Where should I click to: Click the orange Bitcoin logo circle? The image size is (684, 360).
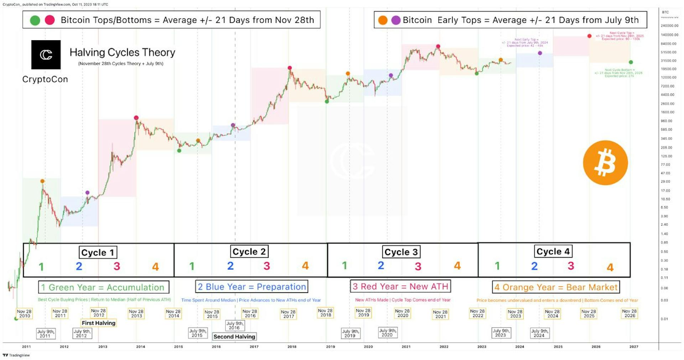pos(605,163)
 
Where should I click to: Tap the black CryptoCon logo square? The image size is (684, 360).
pos(46,54)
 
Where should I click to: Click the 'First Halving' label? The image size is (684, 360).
pos(99,323)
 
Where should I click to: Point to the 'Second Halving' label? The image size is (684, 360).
pos(234,336)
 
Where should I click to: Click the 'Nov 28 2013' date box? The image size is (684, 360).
pos(136,313)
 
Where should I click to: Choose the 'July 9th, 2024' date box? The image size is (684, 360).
pos(539,333)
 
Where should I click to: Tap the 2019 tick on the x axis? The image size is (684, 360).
pos(330,346)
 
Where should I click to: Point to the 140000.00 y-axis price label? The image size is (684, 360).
pos(669,35)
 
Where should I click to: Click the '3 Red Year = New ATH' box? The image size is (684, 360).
pos(400,286)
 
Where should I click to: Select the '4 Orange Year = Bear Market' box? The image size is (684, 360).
pos(556,287)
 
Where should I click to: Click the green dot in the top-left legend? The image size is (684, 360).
pos(35,20)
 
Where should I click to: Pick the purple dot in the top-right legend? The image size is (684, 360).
pos(396,20)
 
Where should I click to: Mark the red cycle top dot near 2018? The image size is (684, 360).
pos(290,68)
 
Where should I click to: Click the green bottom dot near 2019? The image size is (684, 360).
pos(327,101)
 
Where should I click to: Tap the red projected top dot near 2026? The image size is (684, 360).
pos(589,36)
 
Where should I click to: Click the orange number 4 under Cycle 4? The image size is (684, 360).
pos(610,267)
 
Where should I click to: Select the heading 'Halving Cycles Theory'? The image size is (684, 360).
pos(122,53)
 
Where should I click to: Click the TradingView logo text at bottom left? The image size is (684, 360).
pos(16,355)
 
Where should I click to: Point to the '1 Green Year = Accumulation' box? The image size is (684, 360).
pos(103,287)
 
